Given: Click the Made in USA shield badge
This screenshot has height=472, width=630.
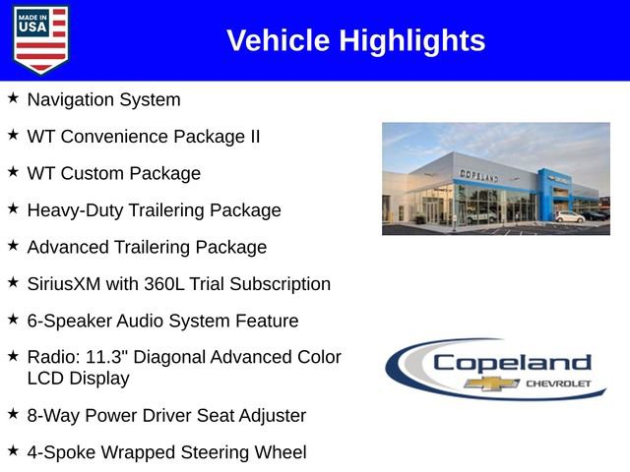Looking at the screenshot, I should coord(41,39).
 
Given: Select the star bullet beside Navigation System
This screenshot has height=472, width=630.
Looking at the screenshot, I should coord(13,98).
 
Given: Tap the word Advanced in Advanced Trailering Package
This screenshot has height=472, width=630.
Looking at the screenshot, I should coord(68,247).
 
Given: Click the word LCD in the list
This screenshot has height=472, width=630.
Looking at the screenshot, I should coord(44,378).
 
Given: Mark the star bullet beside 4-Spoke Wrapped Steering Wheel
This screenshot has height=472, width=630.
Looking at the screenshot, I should coord(13,451).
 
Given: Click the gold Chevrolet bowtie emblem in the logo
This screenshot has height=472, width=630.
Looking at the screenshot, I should coord(492,383).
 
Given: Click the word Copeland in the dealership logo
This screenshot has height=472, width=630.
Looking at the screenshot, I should coord(512,361).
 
